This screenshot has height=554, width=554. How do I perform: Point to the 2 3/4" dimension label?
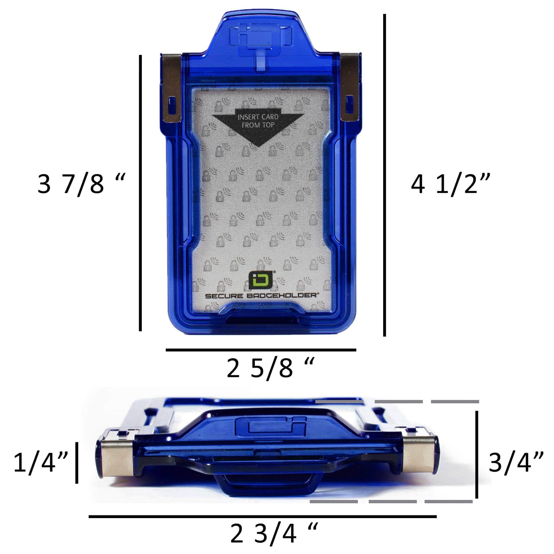[x=274, y=533]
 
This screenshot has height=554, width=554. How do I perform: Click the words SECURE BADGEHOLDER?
[x=261, y=296]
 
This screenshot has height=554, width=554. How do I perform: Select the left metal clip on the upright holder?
[x=171, y=88]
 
